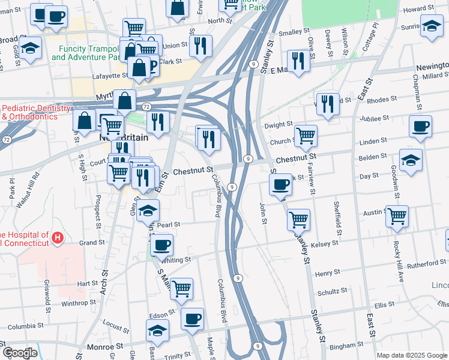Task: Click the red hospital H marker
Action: coord(57,238)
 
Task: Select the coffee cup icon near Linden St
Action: coord(420,127)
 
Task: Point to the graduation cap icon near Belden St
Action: coord(411,160)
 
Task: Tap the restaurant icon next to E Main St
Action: coord(298,60)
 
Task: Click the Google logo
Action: coord(20,353)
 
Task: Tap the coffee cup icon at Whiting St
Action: coord(161,245)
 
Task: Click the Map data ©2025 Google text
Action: coord(412,355)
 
